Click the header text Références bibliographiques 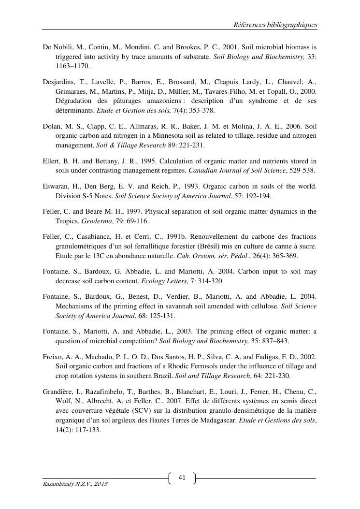[275, 25]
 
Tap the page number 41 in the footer [182, 478]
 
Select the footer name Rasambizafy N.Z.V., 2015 [75, 484]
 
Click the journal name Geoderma [95, 221]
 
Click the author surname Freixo [52, 356]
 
